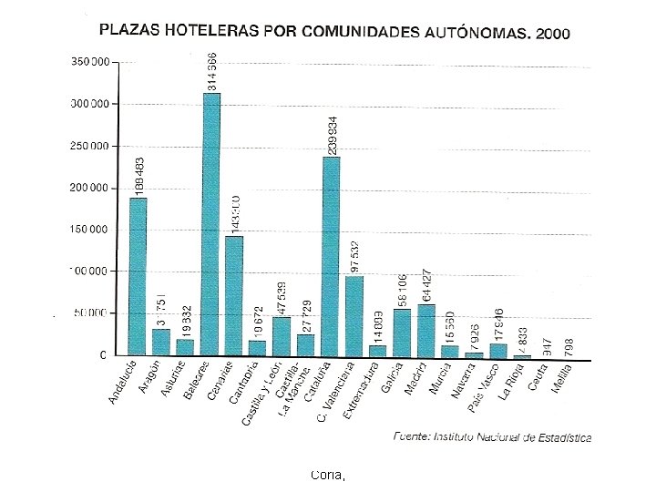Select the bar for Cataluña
click(x=331, y=255)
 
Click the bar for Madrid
click(x=426, y=329)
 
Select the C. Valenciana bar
click(x=354, y=314)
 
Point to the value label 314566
click(x=211, y=72)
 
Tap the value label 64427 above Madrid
click(x=426, y=285)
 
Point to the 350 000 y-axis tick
click(x=91, y=62)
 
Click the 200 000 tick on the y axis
click(x=91, y=188)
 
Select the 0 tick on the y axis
click(x=102, y=354)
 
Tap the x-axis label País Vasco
click(x=485, y=386)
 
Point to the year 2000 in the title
click(x=553, y=35)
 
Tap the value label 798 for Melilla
click(x=569, y=346)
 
